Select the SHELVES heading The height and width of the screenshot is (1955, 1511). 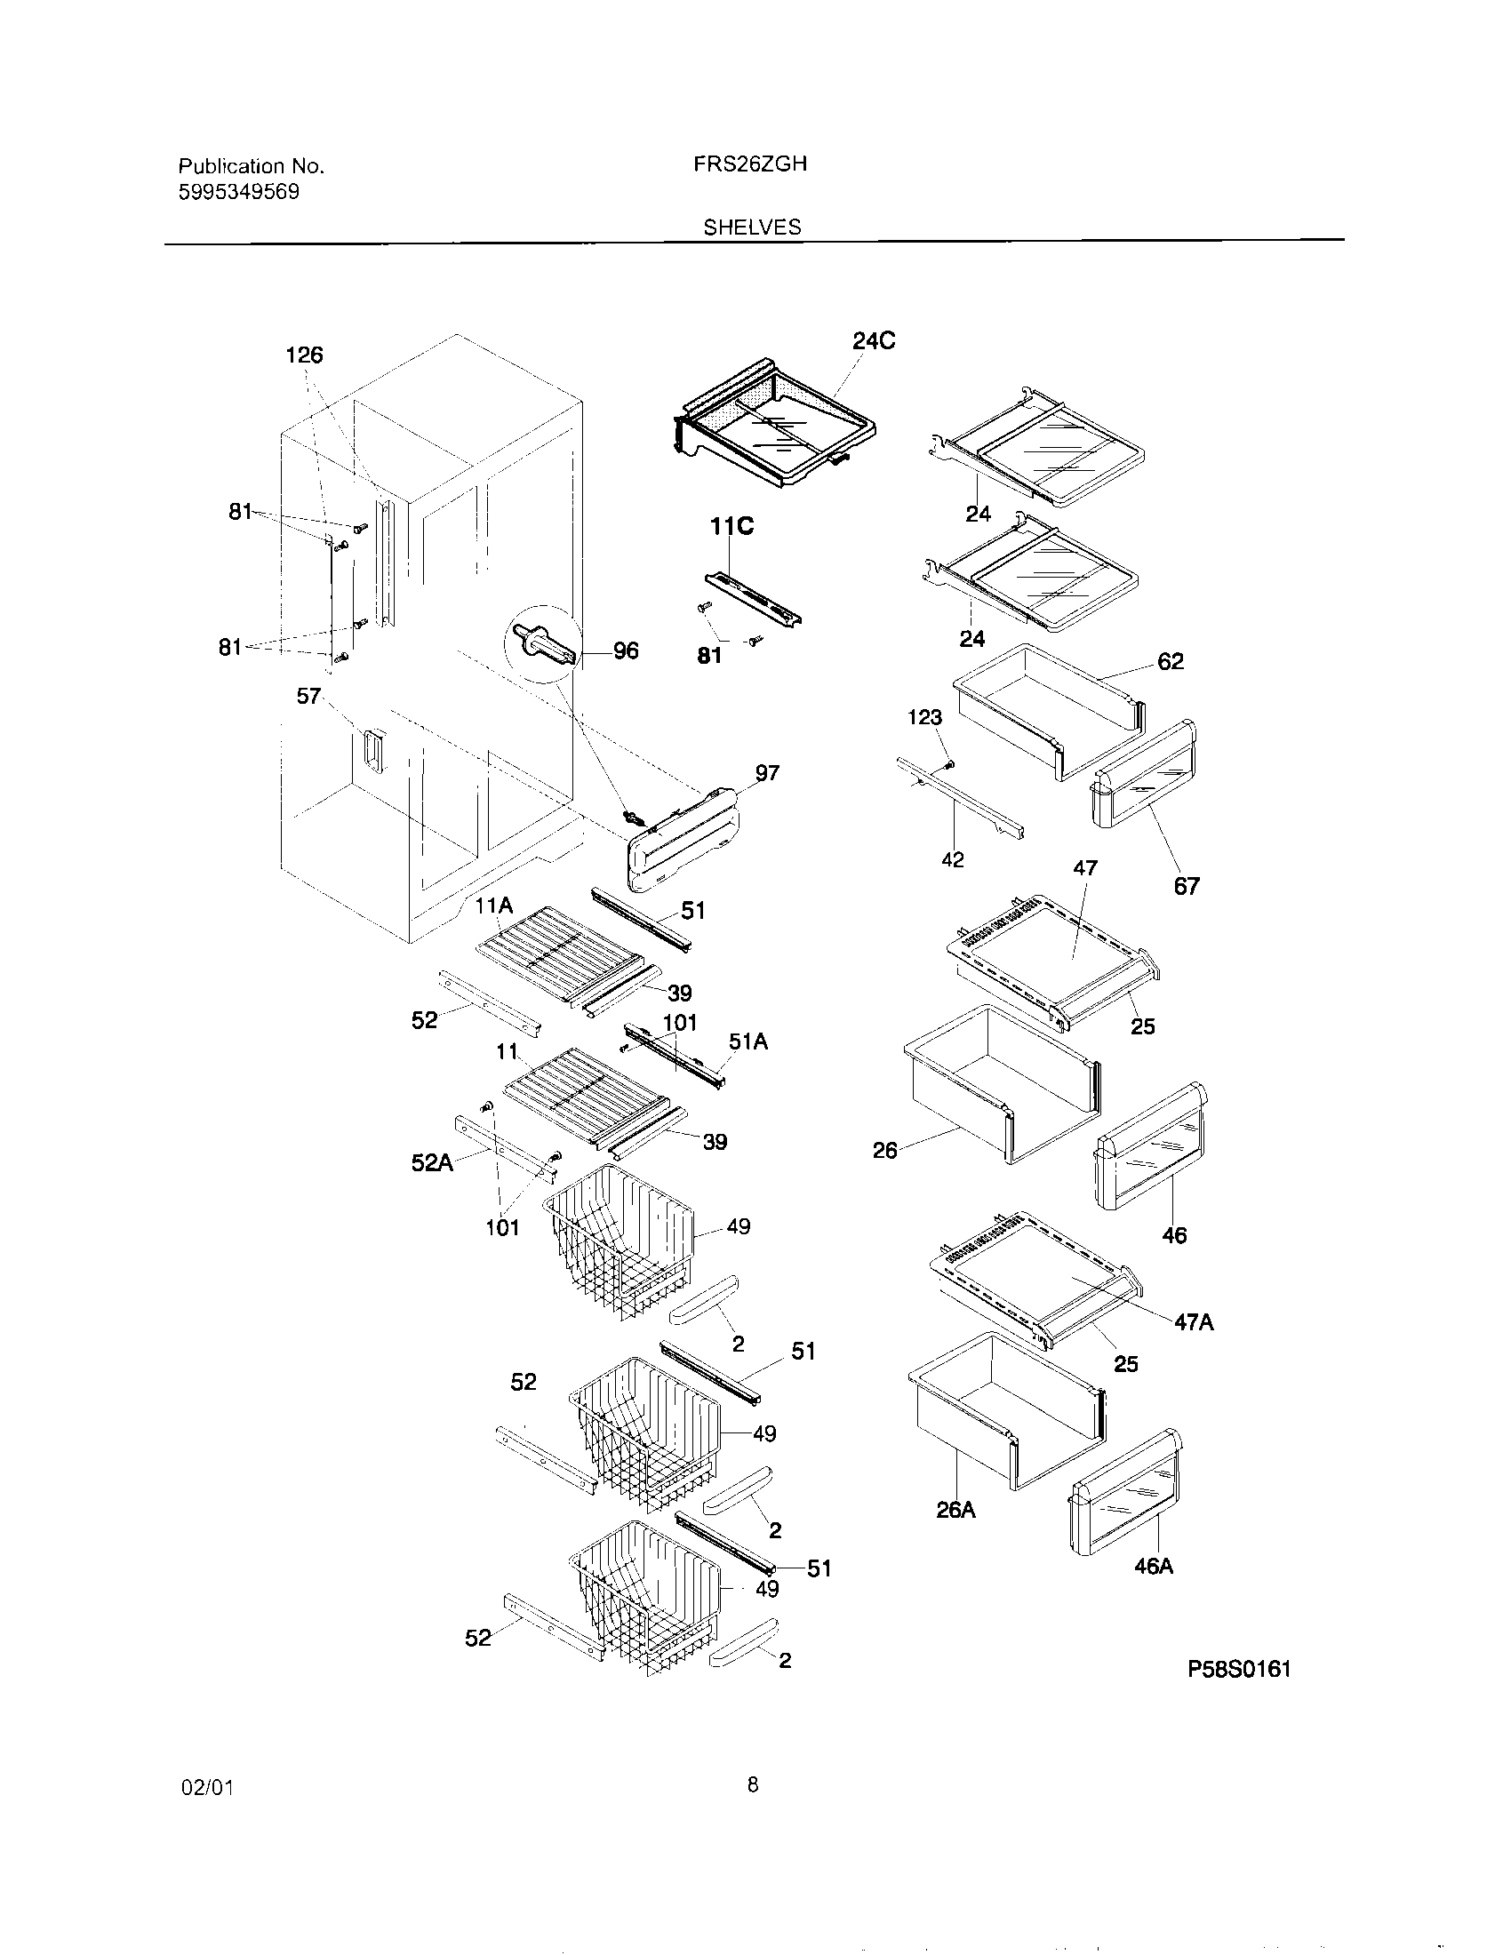pos(751,227)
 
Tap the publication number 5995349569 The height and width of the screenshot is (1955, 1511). pos(239,192)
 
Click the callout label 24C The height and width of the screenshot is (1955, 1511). pos(873,341)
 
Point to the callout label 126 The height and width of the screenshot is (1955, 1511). pos(303,355)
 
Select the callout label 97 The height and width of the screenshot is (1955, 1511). pos(767,772)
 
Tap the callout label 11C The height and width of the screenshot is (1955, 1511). pos(732,527)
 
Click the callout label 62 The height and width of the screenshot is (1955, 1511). pos(1170,661)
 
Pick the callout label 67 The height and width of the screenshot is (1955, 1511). pos(1186,886)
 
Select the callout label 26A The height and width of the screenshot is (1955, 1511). pos(955,1510)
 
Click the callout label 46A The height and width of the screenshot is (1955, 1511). pos(1154,1566)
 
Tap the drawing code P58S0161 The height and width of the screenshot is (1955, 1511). pos(1239,1669)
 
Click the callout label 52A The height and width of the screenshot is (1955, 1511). pos(431,1163)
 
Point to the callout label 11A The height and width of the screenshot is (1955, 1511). pos(493,906)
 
